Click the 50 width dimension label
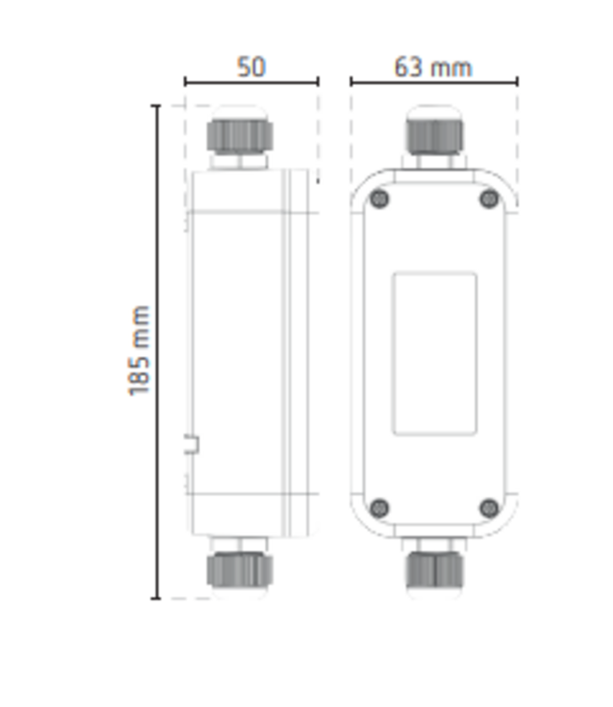(251, 67)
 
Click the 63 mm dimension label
(433, 67)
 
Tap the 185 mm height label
(140, 350)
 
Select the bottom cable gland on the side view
(240, 569)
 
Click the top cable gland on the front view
(434, 133)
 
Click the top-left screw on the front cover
(379, 199)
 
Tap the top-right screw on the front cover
(489, 199)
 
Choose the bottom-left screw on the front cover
(379, 508)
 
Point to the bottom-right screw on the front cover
(489, 508)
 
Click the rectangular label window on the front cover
(434, 353)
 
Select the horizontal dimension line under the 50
(251, 82)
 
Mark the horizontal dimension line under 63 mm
(434, 82)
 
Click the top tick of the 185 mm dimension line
(157, 106)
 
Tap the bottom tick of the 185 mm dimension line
(157, 598)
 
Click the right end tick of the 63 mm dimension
(517, 82)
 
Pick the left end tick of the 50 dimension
(185, 82)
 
